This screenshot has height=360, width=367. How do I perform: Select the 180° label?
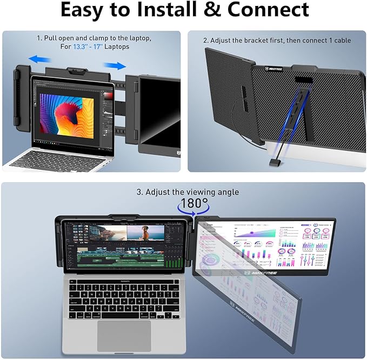194,204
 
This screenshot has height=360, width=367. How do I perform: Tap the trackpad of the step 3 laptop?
124,335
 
